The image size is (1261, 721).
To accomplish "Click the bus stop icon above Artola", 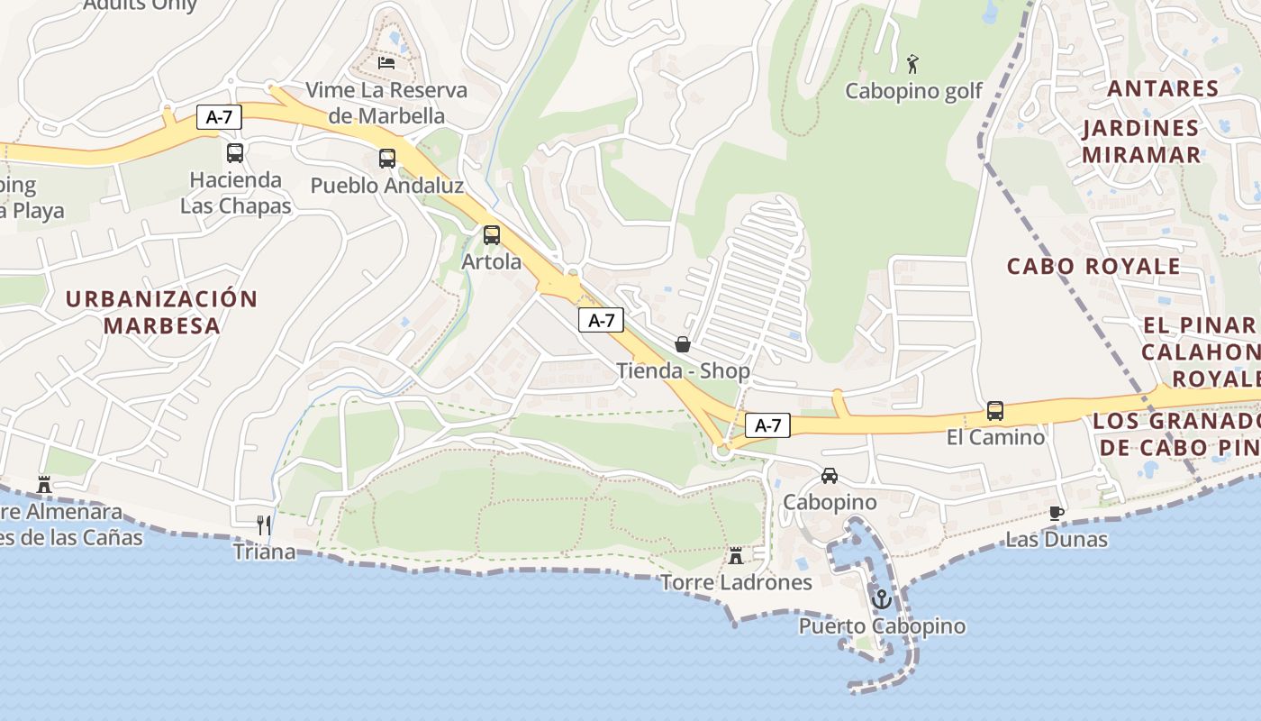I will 491,235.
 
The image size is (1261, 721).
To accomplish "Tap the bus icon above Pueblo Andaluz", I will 387,159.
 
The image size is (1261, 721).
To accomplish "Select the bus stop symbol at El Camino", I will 995,411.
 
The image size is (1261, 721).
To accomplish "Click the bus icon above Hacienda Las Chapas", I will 235,153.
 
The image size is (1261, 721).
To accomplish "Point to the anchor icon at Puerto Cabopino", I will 882,598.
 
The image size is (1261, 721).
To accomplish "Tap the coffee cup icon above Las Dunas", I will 1057,514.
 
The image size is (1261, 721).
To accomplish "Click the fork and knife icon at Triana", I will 264,525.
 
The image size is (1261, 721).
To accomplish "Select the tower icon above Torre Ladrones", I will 736,555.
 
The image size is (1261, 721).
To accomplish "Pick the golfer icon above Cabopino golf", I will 912,64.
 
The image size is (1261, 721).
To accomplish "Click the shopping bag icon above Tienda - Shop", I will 683,343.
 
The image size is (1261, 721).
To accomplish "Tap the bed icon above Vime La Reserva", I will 386,63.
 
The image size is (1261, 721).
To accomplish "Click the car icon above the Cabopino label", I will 830,476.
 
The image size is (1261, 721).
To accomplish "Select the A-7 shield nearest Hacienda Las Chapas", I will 219,116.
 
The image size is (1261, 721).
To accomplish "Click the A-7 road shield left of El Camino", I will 767,425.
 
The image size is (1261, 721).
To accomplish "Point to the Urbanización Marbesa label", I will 162,312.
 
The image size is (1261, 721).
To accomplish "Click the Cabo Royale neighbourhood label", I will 1093,267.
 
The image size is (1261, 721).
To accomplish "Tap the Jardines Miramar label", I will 1141,141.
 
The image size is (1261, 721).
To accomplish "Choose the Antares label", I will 1162,88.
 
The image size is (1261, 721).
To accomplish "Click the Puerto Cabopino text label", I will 882,626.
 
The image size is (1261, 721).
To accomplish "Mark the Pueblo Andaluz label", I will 387,186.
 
